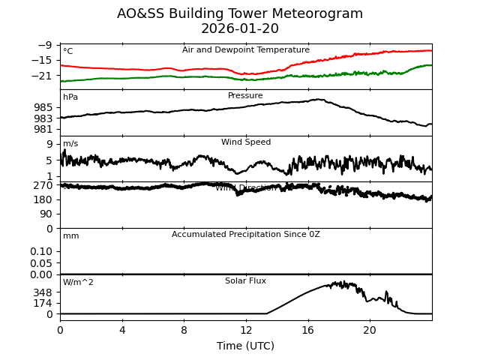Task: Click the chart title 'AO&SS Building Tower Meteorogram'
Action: point(240,13)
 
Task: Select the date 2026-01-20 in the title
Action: point(240,29)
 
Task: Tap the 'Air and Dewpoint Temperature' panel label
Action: point(246,50)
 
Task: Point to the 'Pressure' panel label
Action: point(246,96)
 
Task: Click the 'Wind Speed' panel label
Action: point(246,142)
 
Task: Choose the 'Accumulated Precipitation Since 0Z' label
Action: point(246,235)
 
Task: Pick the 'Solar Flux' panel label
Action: point(246,281)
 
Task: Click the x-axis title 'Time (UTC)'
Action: point(246,346)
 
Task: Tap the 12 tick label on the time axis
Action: point(246,330)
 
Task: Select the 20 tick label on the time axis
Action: point(370,330)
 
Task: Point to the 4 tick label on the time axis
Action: point(122,330)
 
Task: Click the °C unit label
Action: point(68,52)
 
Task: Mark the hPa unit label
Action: point(70,97)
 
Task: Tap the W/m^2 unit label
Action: point(79,283)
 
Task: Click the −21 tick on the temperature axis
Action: point(43,76)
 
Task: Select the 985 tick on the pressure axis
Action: point(43,107)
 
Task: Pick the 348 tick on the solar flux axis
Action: point(43,292)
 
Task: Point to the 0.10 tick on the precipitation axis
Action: point(41,251)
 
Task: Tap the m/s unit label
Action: point(70,144)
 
